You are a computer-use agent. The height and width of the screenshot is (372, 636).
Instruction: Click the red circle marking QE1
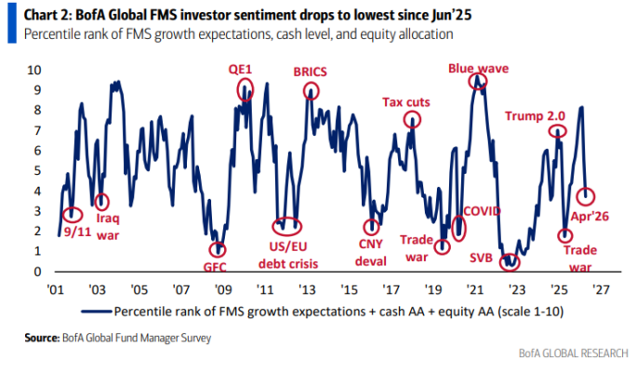pyautogui.click(x=245, y=89)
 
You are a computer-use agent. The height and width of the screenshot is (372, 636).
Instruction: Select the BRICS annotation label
pyautogui.click(x=310, y=70)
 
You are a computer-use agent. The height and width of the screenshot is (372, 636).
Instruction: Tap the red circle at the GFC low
pyautogui.click(x=218, y=249)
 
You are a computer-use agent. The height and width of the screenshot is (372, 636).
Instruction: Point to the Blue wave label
pyautogui.click(x=476, y=67)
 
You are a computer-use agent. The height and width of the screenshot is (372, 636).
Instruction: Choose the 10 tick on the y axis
pyautogui.click(x=34, y=70)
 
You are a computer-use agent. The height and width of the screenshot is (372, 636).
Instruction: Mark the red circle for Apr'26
pyautogui.click(x=586, y=196)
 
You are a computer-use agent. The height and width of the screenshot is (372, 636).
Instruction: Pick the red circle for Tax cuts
pyautogui.click(x=411, y=122)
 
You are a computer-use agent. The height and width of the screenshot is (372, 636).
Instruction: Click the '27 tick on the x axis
pyautogui.click(x=601, y=287)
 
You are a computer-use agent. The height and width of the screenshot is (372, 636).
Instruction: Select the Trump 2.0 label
pyautogui.click(x=535, y=116)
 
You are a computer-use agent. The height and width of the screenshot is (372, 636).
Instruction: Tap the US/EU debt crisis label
pyautogui.click(x=289, y=251)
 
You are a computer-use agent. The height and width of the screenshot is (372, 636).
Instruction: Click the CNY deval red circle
pyautogui.click(x=373, y=226)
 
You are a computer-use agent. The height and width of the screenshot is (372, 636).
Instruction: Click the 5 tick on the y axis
pyautogui.click(x=37, y=170)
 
